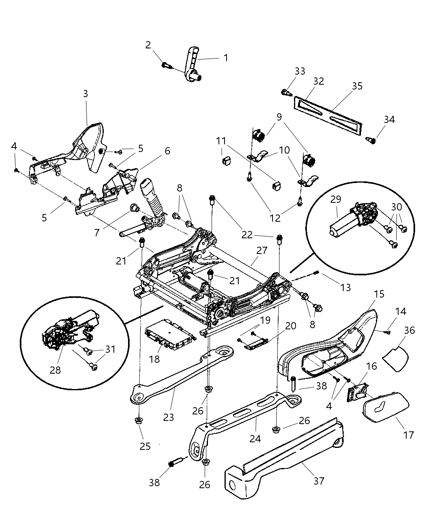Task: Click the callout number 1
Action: coord(226,58)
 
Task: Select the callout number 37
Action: coord(319,481)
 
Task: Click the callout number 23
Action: coord(168,417)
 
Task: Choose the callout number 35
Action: coord(357,86)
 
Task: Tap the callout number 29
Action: coord(336,199)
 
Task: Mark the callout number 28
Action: coord(55,369)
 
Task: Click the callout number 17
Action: coord(409,435)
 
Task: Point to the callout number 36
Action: coord(409,330)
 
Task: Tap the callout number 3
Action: coord(85,94)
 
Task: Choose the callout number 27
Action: coord(262,250)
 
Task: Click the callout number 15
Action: coord(379,294)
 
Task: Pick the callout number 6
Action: coord(167,151)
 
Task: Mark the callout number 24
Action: coord(255,438)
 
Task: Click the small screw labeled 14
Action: coord(387,332)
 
